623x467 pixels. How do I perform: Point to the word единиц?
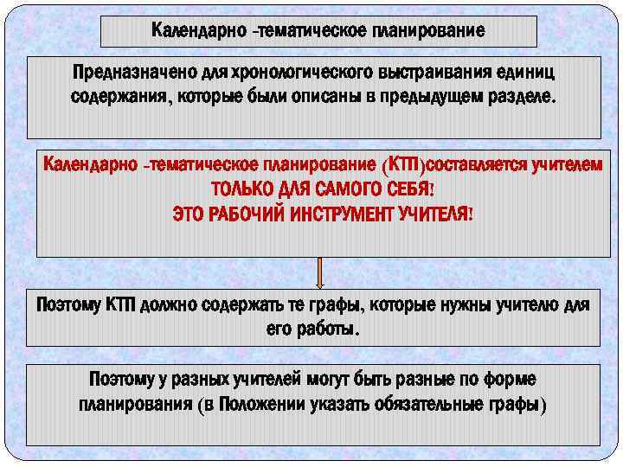[530, 73]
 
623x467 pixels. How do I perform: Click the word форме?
[510, 381]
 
